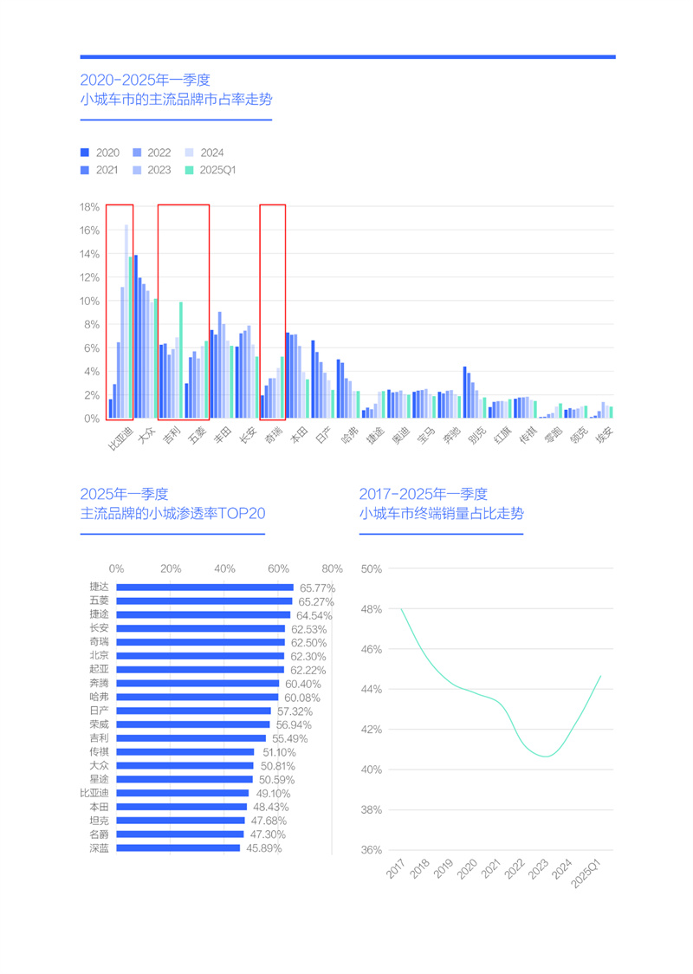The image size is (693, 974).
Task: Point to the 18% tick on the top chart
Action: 88,207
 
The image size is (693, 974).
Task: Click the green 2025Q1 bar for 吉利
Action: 181,360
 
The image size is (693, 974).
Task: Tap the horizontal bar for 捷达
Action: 204,588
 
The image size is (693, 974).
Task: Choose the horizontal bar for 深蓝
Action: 178,848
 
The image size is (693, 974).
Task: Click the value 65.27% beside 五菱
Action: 315,601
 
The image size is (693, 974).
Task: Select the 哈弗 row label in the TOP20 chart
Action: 99,697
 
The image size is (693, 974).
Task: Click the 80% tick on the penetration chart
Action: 332,569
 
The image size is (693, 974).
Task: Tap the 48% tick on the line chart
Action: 371,609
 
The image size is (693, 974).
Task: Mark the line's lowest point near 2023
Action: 546,756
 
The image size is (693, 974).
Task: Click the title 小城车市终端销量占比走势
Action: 441,514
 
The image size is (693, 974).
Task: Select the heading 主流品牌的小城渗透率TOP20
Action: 172,514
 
